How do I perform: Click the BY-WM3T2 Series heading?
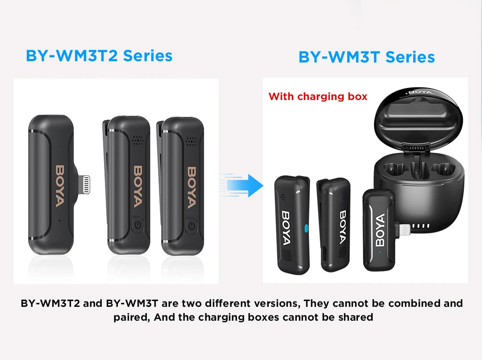pyautogui.click(x=99, y=56)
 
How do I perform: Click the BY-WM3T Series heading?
pyautogui.click(x=366, y=57)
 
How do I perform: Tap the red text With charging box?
pyautogui.click(x=318, y=96)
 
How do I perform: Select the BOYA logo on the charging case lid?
pyautogui.click(x=420, y=92)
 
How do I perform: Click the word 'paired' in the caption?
pyautogui.click(x=128, y=318)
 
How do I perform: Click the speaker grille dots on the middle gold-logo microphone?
pyautogui.click(x=137, y=139)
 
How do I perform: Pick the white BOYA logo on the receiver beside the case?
pyautogui.click(x=380, y=230)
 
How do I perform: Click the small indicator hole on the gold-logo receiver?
pyautogui.click(x=59, y=220)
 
